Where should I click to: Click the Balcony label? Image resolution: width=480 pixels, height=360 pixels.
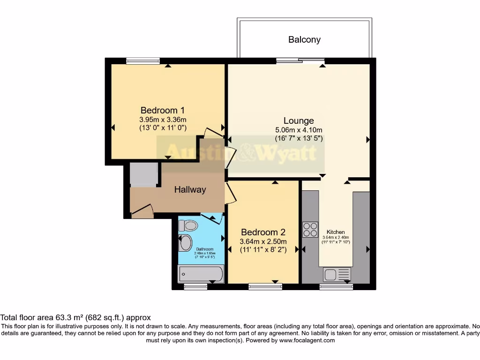pyautogui.click(x=304, y=40)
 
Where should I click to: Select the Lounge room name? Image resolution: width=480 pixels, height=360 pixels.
pyautogui.click(x=298, y=121)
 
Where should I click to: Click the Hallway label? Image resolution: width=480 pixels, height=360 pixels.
pyautogui.click(x=190, y=190)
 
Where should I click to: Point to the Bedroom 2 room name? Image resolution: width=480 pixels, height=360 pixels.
pyautogui.click(x=263, y=232)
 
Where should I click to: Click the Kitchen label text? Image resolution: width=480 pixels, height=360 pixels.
pyautogui.click(x=336, y=232)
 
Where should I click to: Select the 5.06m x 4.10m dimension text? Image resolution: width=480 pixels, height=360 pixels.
pyautogui.click(x=298, y=130)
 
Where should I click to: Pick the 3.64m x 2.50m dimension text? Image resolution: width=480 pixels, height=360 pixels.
pyautogui.click(x=263, y=241)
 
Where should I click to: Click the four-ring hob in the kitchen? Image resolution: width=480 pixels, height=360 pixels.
pyautogui.click(x=310, y=229)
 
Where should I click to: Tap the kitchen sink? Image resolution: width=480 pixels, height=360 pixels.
pyautogui.click(x=337, y=274)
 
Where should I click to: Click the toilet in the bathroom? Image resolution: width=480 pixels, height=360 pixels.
pyautogui.click(x=189, y=225)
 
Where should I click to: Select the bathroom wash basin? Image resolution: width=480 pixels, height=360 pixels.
pyautogui.click(x=186, y=243)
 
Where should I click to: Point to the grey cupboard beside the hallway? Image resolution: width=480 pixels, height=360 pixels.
pyautogui.click(x=144, y=175)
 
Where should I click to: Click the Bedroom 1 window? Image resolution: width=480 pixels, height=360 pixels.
pyautogui.click(x=143, y=60)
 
